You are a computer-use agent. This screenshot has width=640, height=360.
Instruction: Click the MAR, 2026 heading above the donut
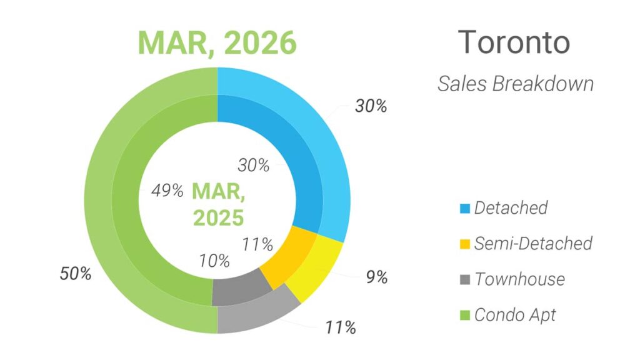(217, 42)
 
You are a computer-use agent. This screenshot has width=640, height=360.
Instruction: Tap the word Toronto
(514, 42)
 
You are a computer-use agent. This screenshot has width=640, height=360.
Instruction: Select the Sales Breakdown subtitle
(515, 84)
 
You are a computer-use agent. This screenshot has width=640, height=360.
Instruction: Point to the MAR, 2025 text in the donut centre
(217, 203)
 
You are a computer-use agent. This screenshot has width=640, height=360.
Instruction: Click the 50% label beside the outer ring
(76, 274)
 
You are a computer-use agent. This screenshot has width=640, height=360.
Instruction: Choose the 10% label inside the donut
(215, 261)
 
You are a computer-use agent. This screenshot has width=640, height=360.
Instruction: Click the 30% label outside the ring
(371, 106)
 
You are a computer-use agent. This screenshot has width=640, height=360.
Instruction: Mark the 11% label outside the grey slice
(340, 326)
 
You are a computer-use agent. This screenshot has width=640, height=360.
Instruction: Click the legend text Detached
(511, 207)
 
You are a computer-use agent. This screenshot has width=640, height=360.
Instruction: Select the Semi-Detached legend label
(532, 243)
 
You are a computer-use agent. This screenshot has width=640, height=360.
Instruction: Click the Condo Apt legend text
(515, 314)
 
